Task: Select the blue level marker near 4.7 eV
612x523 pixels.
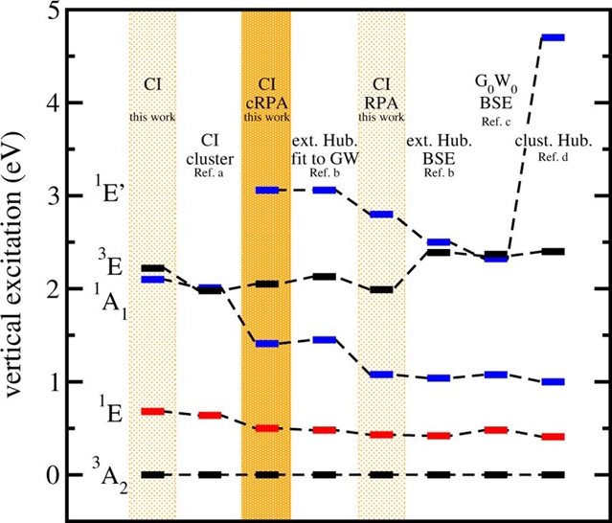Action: [x=553, y=37]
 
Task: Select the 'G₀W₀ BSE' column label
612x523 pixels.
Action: [x=496, y=90]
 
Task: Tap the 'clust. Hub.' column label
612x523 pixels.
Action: [x=553, y=142]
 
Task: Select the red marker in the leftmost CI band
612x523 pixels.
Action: [x=151, y=411]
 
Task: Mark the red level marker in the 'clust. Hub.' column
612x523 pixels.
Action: [x=553, y=437]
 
